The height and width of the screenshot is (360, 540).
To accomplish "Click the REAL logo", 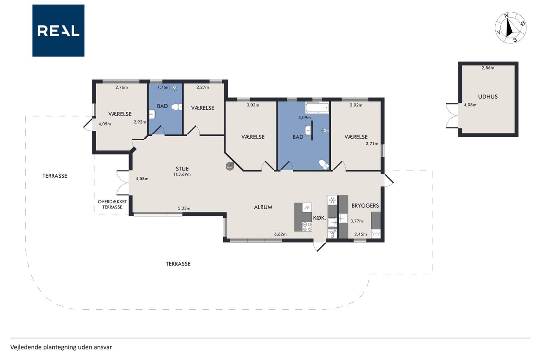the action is point(58,31).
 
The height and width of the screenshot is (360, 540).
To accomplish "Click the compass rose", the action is point(510,28).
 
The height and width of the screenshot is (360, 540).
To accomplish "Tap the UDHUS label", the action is point(488,97).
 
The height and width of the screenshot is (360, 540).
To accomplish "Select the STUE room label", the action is point(182,169).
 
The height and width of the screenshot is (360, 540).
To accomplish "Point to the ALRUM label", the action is point(263,207).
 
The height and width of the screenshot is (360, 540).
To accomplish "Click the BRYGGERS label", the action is point(365,206).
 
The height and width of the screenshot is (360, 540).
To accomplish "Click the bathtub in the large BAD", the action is point(317,108).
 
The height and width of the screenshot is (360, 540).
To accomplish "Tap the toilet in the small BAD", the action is point(177,107).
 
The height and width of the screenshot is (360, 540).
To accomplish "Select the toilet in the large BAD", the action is point(324,165).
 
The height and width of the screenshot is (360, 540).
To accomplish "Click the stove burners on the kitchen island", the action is point(307,227).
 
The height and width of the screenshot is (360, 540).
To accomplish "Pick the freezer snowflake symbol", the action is point(332,200).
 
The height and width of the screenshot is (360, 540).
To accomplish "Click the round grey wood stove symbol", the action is point(230,166).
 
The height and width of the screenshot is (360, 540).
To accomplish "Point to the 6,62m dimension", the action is point(281,234).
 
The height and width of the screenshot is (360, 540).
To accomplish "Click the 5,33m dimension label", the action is point(184,208).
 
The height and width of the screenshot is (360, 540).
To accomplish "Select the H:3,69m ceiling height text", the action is point(182,174).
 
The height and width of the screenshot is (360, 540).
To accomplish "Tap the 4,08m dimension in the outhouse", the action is point(470,105).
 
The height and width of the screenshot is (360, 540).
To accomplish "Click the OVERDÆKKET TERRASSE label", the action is point(112,204).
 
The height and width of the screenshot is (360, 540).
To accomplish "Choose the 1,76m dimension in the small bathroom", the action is point(163,87).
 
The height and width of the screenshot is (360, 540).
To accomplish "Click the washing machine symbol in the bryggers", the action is point(376,233).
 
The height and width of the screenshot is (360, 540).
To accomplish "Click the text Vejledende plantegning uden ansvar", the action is point(61,347).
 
